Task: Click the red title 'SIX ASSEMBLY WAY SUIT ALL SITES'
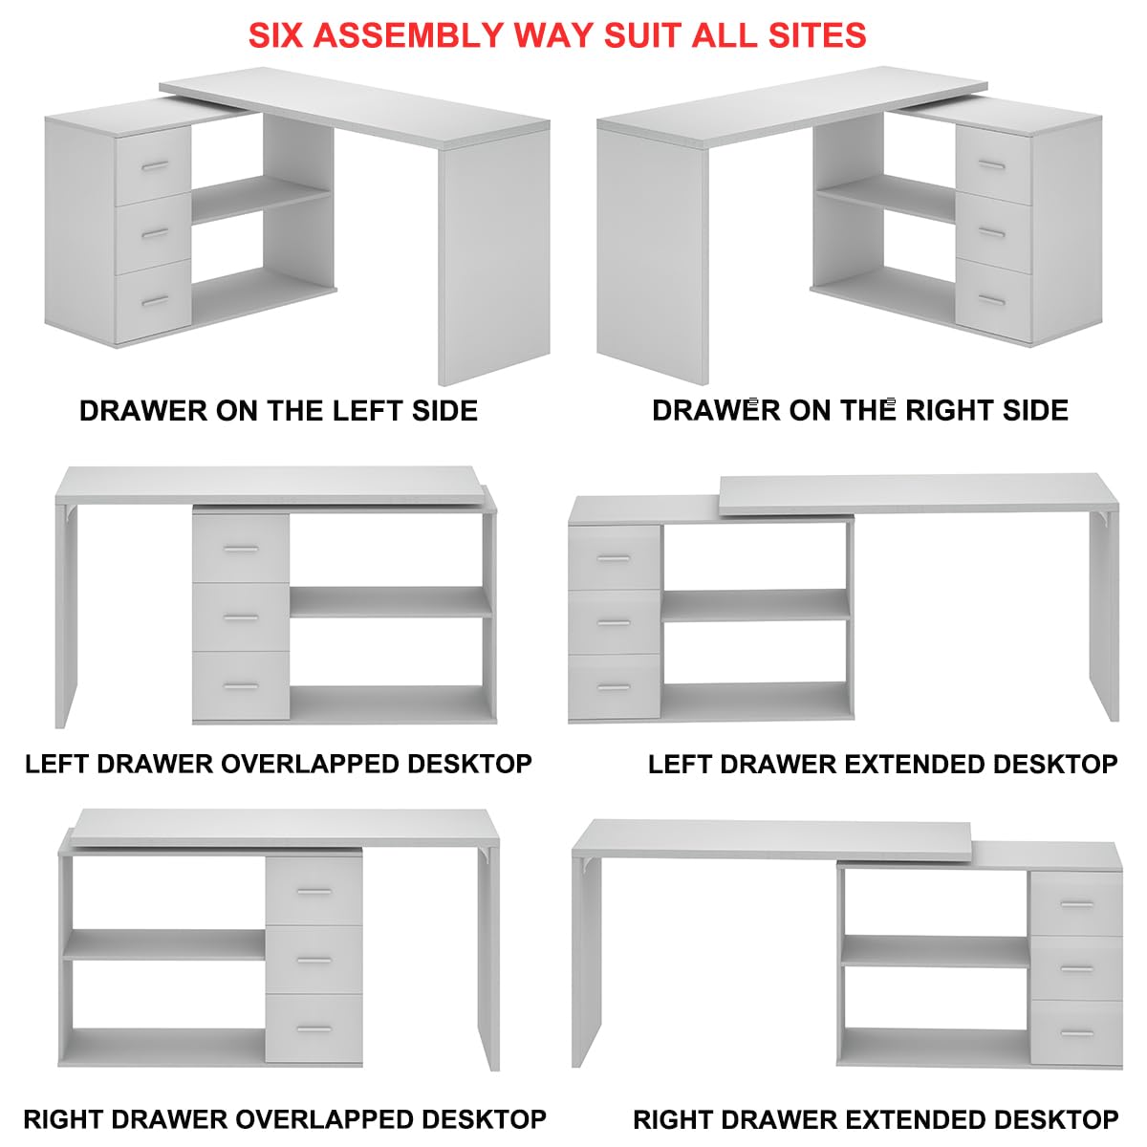pyautogui.click(x=557, y=35)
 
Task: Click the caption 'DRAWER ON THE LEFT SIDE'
pyautogui.click(x=278, y=411)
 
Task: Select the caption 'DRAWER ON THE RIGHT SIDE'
pyautogui.click(x=859, y=410)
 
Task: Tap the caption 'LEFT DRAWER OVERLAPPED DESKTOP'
pyautogui.click(x=278, y=764)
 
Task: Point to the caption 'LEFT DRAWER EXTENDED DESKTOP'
pyautogui.click(x=882, y=764)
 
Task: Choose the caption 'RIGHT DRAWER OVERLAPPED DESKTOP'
pyautogui.click(x=284, y=1118)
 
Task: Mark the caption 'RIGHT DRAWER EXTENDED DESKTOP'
pyautogui.click(x=876, y=1118)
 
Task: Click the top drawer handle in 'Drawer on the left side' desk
pyautogui.click(x=155, y=166)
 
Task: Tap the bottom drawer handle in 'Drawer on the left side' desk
pyautogui.click(x=155, y=302)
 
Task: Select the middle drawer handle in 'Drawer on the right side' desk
pyautogui.click(x=993, y=233)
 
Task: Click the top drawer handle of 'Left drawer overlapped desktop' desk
pyautogui.click(x=241, y=549)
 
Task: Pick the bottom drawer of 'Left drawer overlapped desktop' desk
pyautogui.click(x=241, y=686)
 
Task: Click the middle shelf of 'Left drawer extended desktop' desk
pyautogui.click(x=755, y=605)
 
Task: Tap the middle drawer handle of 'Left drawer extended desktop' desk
pyautogui.click(x=614, y=623)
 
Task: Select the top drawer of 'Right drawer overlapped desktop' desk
pyautogui.click(x=314, y=891)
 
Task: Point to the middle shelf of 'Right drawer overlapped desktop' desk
pyautogui.click(x=163, y=944)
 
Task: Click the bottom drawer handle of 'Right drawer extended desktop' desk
pyautogui.click(x=1077, y=1034)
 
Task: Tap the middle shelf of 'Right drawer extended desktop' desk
pyautogui.click(x=935, y=951)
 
